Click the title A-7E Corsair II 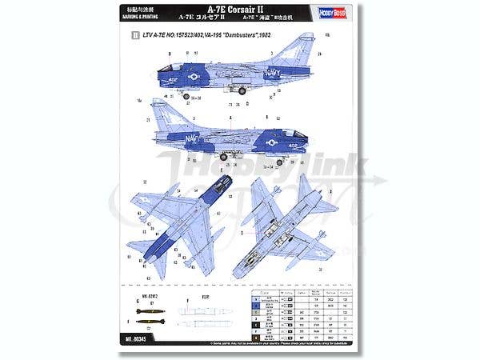(x=239, y=10)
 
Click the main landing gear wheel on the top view (x=242, y=92)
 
